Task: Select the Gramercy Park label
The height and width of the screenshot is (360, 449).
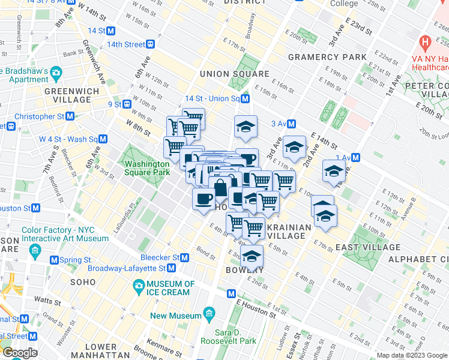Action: coord(327,57)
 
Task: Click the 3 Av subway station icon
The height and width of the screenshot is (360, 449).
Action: coord(291,124)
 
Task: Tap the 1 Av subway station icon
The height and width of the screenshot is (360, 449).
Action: coord(355,158)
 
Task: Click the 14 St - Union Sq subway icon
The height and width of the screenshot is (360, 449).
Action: coord(245,98)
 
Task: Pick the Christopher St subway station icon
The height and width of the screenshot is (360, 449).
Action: coord(70,116)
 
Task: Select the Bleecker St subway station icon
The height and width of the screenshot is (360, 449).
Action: coord(185,257)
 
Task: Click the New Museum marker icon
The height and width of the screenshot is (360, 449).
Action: coord(209,313)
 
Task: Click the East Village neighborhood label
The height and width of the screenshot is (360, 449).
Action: coord(368,247)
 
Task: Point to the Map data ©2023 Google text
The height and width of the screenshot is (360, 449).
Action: coord(412,355)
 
